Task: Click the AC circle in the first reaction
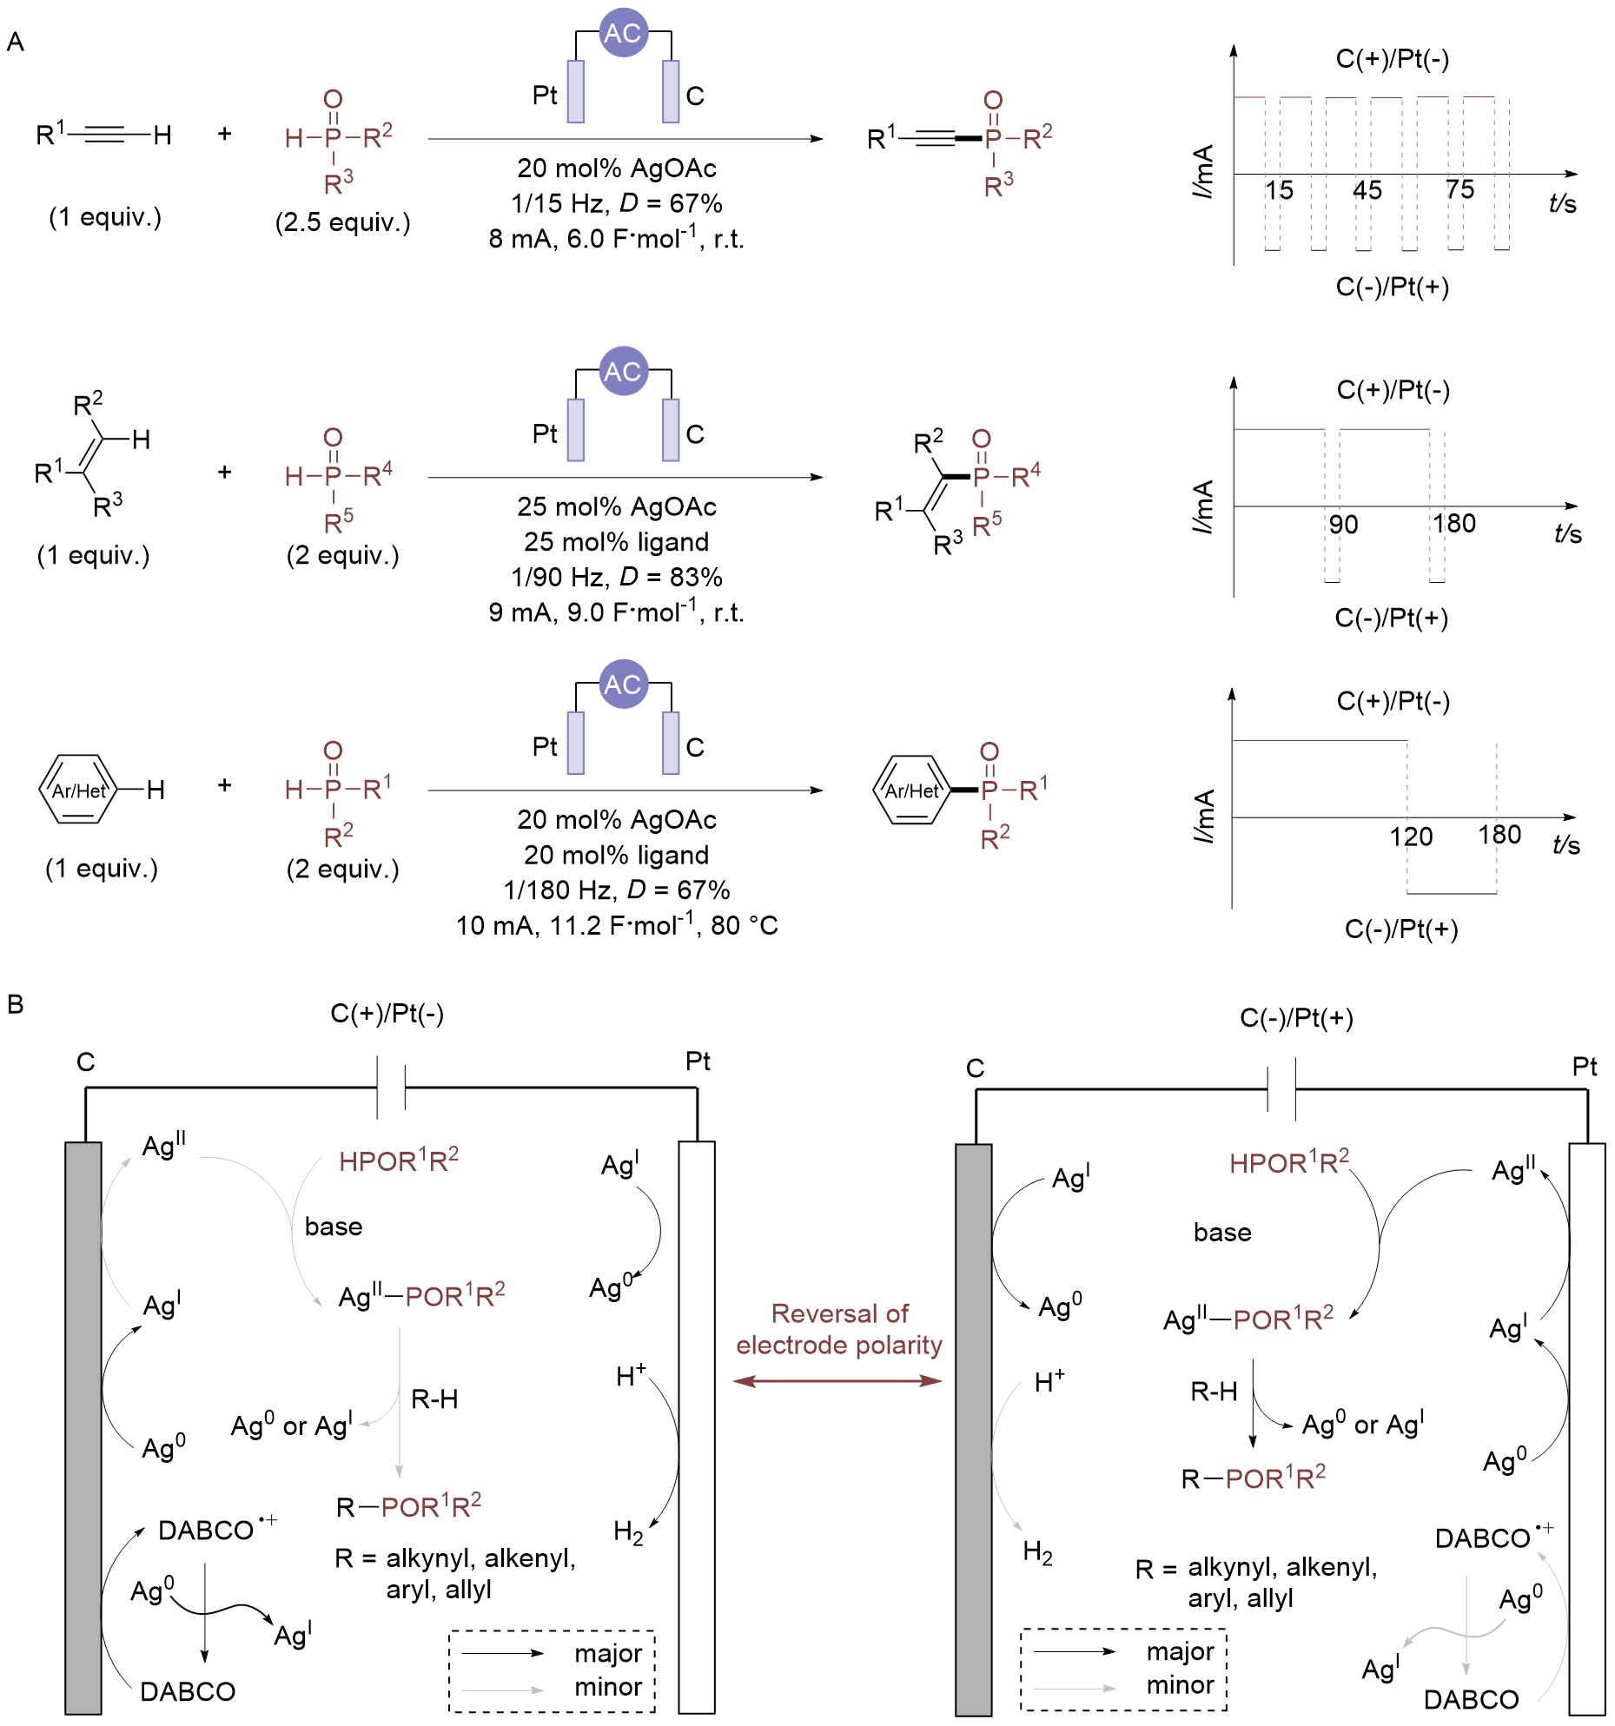tap(623, 33)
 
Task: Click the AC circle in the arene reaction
tap(623, 684)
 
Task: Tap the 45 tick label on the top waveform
tap(1367, 190)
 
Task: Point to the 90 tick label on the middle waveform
tap(1343, 524)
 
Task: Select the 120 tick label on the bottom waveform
tap(1410, 837)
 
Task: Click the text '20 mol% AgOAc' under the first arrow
tap(617, 168)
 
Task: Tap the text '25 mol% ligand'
tap(617, 542)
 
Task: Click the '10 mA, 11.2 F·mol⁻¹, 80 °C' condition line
tap(617, 926)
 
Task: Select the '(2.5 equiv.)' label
tap(342, 222)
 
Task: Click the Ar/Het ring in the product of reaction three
tap(911, 790)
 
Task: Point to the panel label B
tap(15, 1005)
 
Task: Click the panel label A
tap(15, 42)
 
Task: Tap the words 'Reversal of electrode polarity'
tap(839, 1329)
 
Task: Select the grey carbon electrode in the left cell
tap(83, 1425)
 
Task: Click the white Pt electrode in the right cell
tap(1586, 1425)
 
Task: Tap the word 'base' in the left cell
tap(334, 1227)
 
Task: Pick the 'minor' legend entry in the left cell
tap(608, 1687)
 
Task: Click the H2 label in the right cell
tap(1037, 1551)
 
